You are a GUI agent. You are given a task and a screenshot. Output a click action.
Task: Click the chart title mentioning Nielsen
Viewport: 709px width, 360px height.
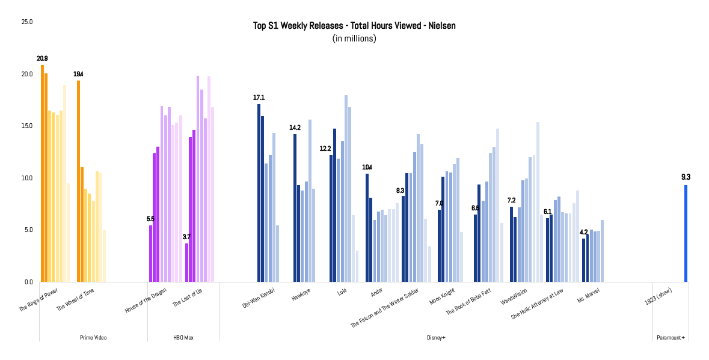tap(354, 26)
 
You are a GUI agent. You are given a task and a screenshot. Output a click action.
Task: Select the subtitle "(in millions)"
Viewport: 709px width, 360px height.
tap(354, 38)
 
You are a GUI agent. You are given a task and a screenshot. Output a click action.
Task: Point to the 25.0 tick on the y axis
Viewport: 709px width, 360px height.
tap(27, 22)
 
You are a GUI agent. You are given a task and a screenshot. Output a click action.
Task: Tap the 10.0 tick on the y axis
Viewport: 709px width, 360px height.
tap(27, 178)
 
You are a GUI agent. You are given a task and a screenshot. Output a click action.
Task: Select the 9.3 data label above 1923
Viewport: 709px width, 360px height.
tap(686, 177)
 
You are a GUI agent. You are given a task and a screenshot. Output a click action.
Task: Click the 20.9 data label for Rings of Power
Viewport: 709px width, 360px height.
tap(42, 58)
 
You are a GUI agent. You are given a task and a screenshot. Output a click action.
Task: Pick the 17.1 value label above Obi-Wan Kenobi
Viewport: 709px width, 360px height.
tap(259, 97)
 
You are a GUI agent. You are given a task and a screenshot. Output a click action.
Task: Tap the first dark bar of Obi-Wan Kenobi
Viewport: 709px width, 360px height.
tap(259, 192)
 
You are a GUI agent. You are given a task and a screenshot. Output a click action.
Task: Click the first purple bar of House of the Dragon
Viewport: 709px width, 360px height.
tap(151, 253)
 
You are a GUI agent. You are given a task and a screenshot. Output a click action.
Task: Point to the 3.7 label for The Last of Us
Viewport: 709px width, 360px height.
tap(186, 237)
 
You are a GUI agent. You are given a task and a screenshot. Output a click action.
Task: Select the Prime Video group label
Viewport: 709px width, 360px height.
tap(93, 338)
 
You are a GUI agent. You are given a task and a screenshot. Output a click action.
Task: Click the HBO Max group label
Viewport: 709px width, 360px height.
tap(183, 338)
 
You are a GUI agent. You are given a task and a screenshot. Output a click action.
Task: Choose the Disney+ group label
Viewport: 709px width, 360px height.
tap(435, 338)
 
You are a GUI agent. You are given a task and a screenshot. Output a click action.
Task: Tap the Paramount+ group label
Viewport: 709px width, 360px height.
tap(671, 338)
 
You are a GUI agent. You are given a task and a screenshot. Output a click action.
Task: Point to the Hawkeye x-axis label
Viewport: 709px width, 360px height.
tap(301, 296)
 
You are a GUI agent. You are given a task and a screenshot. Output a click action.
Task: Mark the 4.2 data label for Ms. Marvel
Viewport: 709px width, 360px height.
tap(583, 232)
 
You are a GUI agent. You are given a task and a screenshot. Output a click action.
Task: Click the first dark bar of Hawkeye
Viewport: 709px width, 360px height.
tap(295, 207)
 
